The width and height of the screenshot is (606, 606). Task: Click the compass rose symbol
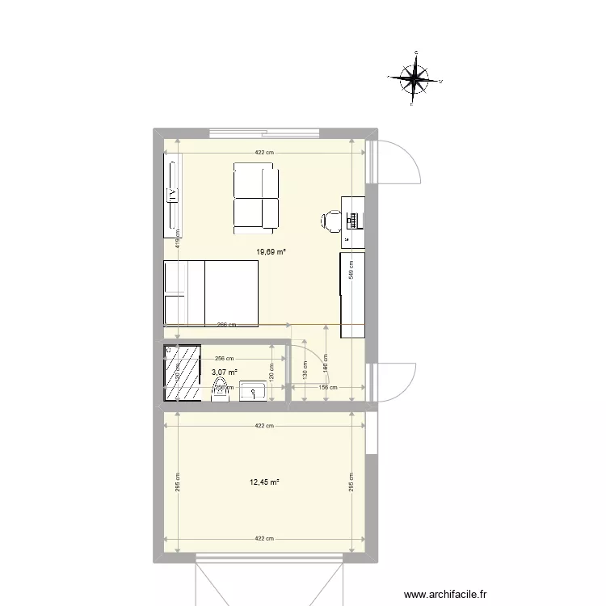point(416,78)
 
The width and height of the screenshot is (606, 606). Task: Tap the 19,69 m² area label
point(271,252)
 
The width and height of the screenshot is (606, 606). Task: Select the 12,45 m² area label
point(265,482)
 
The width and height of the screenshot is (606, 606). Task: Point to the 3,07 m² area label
point(225,372)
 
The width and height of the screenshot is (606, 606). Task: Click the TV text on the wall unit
point(172,194)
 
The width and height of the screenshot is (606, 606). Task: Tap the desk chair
point(331,220)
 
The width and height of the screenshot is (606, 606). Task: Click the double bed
point(211,293)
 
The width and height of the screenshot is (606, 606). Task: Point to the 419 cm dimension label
point(178,237)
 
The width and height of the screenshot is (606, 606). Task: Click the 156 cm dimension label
point(326,387)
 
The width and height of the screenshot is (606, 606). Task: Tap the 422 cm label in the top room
point(264,153)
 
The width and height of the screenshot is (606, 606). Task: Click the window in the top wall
point(263,133)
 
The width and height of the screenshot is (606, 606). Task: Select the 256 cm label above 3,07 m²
point(224,359)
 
